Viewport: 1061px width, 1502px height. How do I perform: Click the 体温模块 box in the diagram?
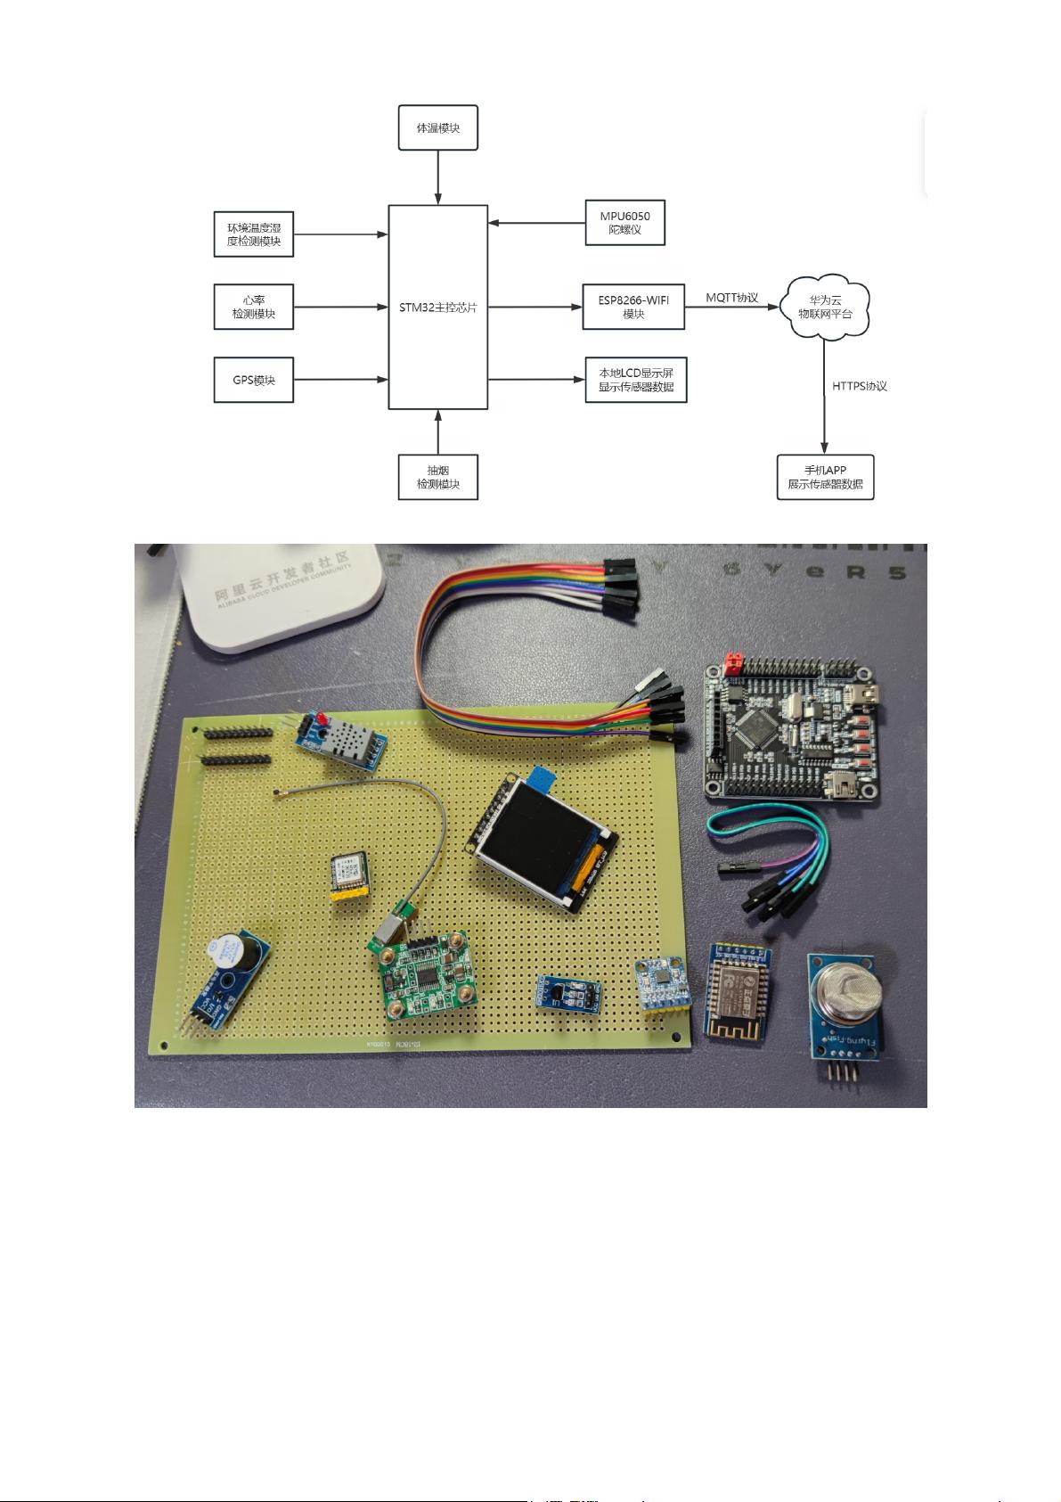(437, 128)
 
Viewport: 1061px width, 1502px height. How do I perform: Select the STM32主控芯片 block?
(437, 308)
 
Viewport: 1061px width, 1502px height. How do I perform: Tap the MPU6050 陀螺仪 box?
(624, 223)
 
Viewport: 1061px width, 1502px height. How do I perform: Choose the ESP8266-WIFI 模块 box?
(633, 308)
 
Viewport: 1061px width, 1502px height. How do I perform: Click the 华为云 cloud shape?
(824, 308)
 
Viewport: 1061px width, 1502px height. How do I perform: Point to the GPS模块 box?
(254, 381)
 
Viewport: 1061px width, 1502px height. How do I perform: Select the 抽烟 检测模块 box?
(437, 477)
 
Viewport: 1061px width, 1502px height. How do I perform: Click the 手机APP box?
(824, 477)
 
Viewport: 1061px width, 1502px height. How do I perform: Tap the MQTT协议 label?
(731, 298)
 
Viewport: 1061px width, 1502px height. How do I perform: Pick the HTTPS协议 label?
(859, 386)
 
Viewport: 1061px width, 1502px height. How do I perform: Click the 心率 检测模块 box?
(254, 308)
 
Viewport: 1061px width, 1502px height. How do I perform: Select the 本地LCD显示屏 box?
(635, 380)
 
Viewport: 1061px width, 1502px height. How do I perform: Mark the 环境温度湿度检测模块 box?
(254, 234)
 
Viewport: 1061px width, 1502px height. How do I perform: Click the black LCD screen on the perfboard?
(537, 834)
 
